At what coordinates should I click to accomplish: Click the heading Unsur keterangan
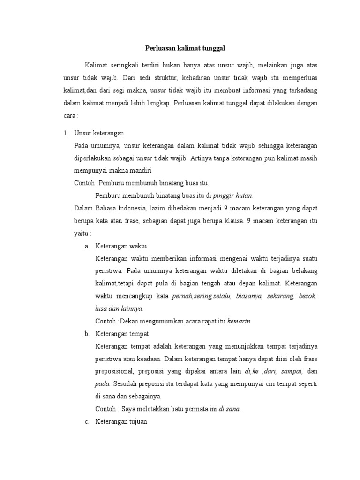point(99,133)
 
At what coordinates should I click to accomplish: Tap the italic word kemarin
point(240,321)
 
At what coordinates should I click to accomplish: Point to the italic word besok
point(308,296)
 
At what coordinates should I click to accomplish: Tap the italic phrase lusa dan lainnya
point(119,308)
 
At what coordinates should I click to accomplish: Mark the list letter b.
point(87,334)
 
